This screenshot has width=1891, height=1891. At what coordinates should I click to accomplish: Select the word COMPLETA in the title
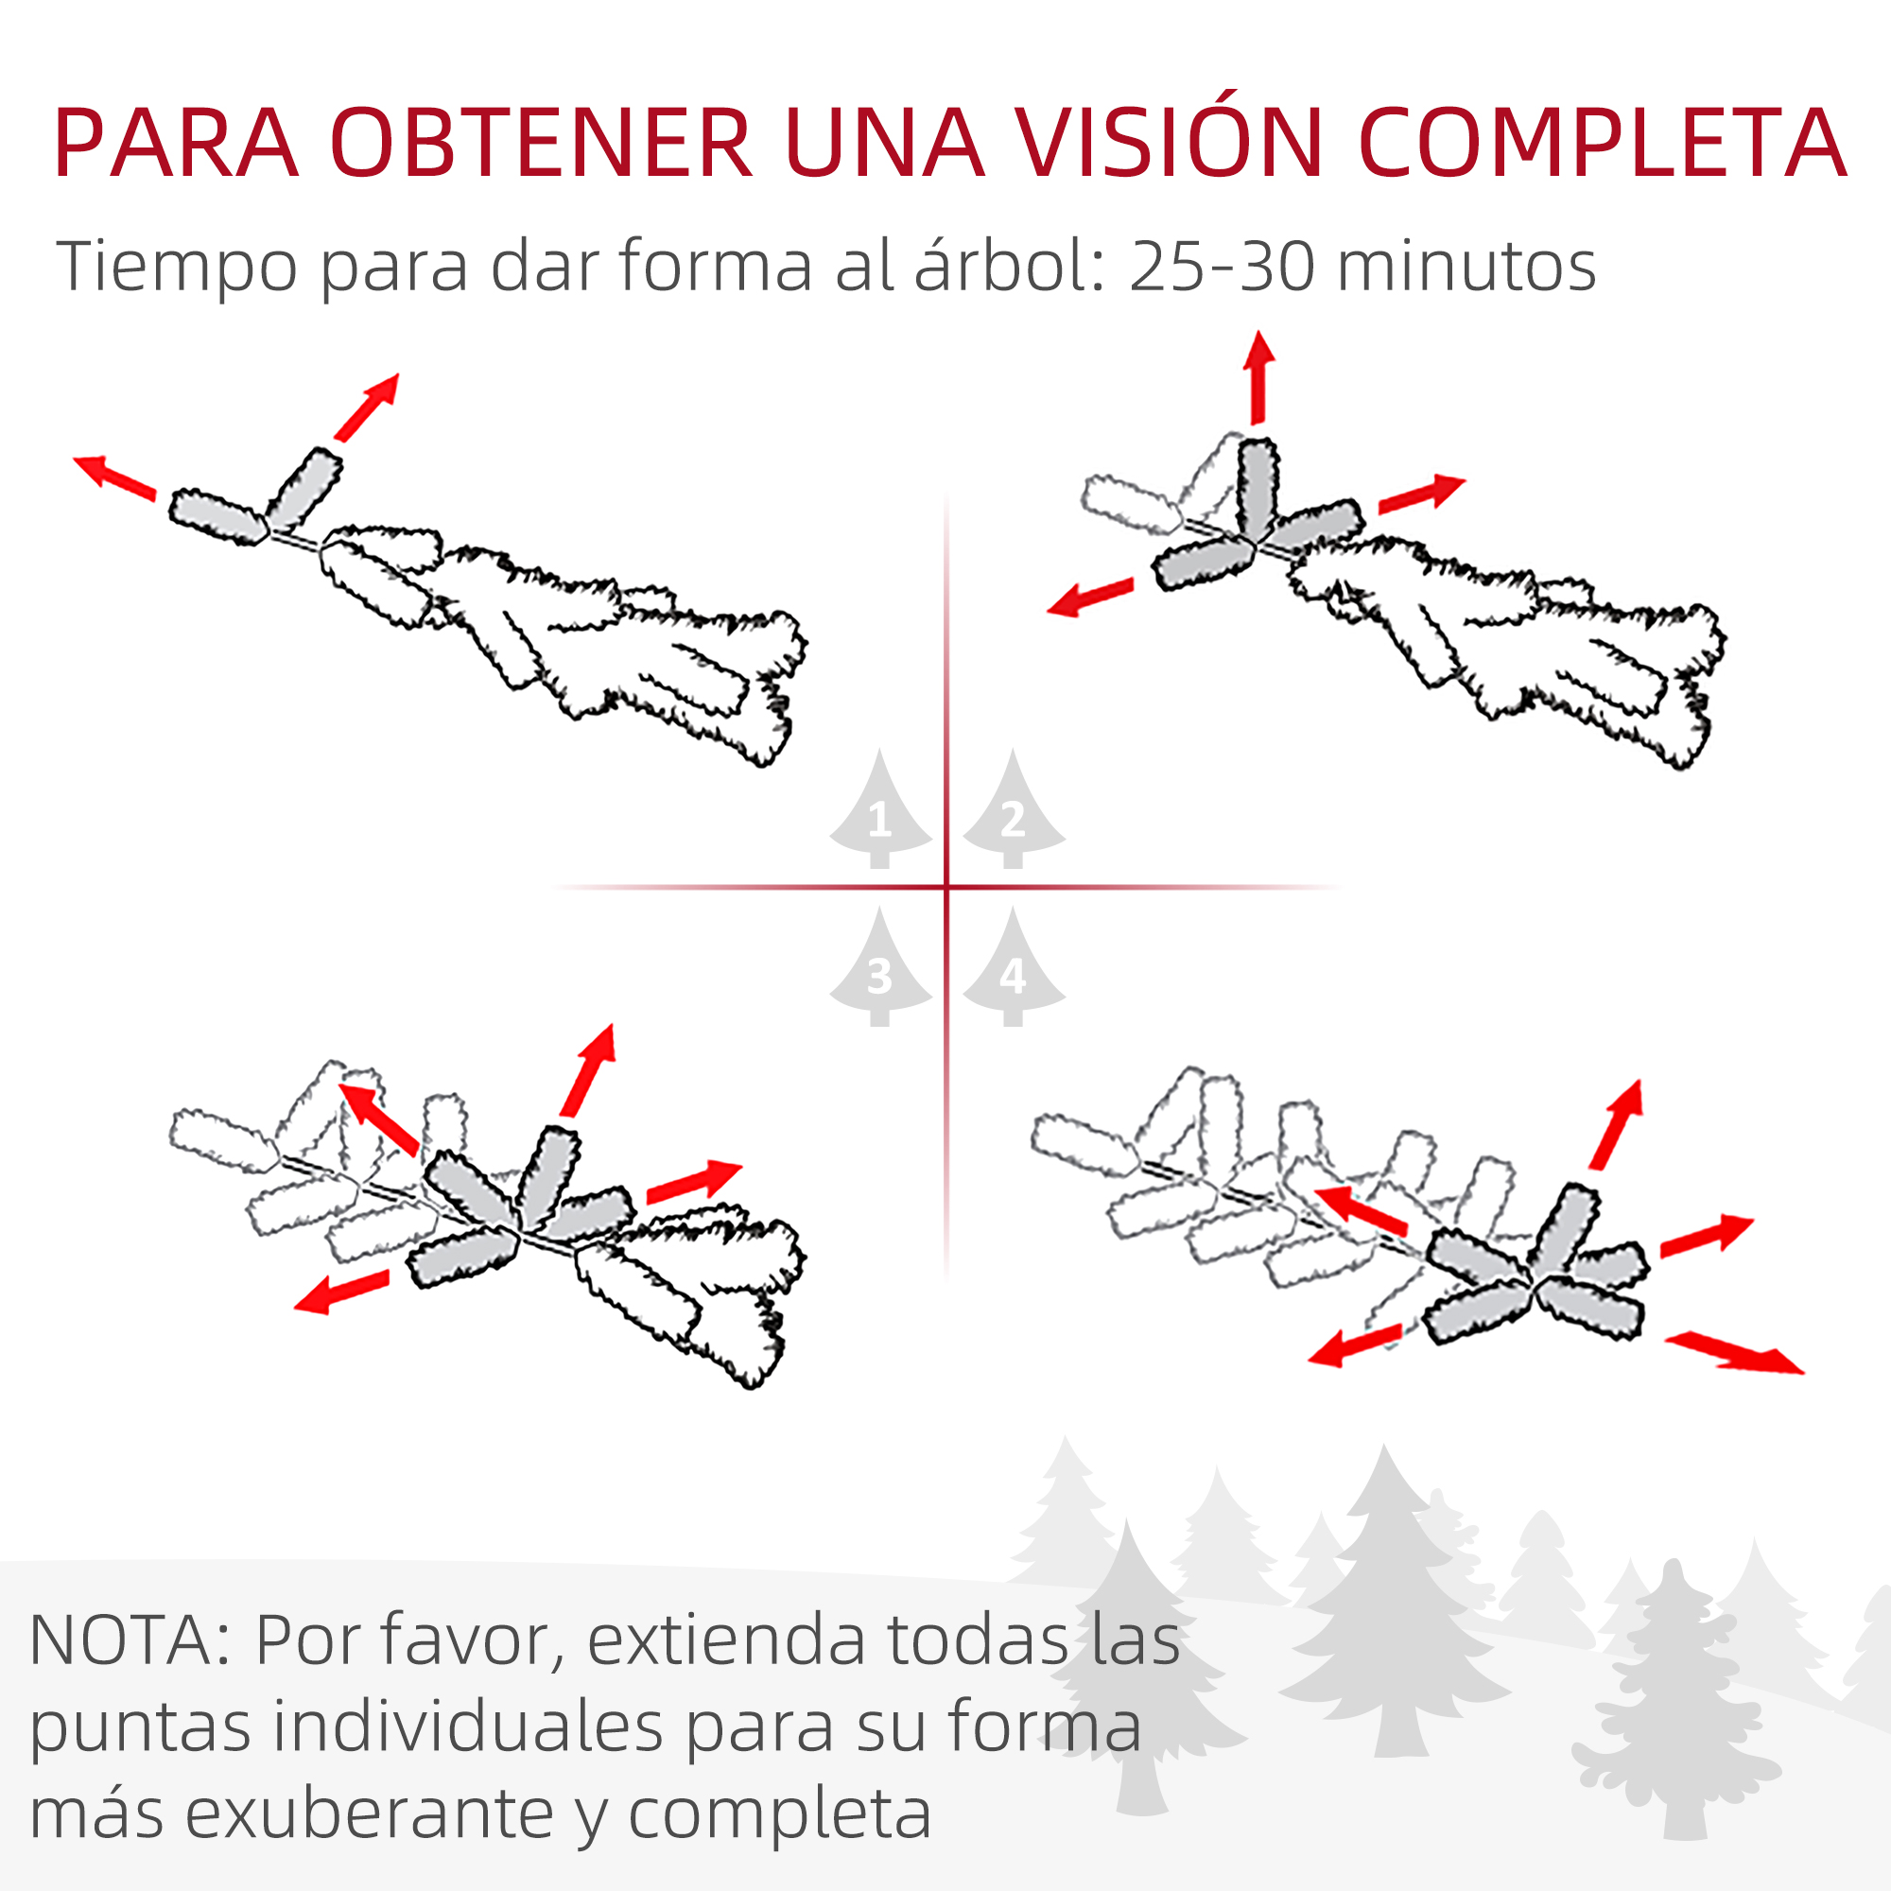[x=1603, y=143]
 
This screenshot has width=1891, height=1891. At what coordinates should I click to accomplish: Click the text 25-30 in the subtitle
[x=1222, y=267]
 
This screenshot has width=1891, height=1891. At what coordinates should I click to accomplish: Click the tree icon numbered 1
[x=880, y=808]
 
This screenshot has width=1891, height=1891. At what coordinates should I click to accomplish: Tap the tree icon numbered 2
[x=1013, y=808]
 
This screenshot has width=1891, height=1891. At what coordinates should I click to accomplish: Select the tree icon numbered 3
[x=880, y=966]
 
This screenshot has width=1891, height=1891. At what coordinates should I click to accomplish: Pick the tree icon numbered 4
[x=1013, y=966]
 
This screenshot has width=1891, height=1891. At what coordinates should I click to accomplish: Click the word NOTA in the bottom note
[x=120, y=1639]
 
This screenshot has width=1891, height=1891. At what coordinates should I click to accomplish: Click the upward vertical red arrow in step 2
[x=1258, y=378]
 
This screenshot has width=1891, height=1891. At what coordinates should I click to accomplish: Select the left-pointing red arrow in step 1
[x=114, y=477]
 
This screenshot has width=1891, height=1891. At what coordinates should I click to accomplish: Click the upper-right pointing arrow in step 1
[x=367, y=407]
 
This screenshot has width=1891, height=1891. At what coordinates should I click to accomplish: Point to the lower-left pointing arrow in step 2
[x=1090, y=596]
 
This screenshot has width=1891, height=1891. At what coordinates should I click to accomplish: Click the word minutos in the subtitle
[x=1466, y=267]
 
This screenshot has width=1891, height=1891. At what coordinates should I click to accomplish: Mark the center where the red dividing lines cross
[x=946, y=887]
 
